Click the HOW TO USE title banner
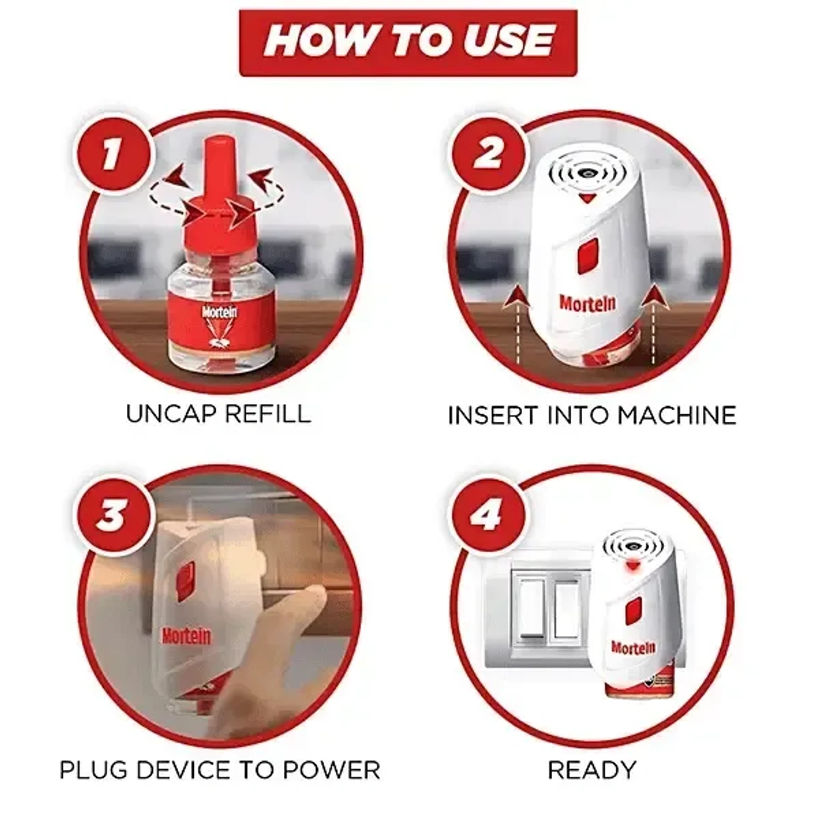pos(408,42)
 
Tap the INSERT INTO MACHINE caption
pos(592,415)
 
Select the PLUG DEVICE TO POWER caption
pos(219,770)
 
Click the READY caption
pos(592,770)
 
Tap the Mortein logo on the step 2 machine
pos(587,302)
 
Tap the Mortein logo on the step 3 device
pos(186,636)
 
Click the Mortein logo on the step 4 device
pos(633,647)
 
